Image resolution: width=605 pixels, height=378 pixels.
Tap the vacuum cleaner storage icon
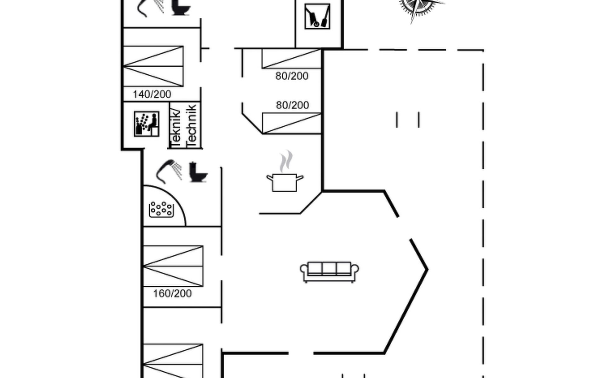pyautogui.click(x=317, y=16)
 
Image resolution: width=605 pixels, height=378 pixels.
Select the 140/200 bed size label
pyautogui.click(x=152, y=94)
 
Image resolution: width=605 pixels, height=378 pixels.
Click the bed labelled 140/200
pyautogui.click(x=153, y=66)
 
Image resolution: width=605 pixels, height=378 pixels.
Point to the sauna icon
pyautogui.click(x=147, y=124)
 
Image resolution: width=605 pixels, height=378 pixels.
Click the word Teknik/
pyautogui.click(x=176, y=128)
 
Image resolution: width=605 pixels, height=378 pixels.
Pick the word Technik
pyautogui.click(x=192, y=125)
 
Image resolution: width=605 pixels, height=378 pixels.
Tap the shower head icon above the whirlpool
pyautogui.click(x=169, y=171)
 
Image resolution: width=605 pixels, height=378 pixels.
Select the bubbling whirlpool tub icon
pyautogui.click(x=161, y=209)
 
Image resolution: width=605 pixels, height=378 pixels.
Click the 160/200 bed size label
pyautogui.click(x=172, y=294)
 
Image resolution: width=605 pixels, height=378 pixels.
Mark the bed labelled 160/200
pyautogui.click(x=173, y=266)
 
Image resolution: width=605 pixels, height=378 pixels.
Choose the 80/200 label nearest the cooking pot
pyautogui.click(x=292, y=105)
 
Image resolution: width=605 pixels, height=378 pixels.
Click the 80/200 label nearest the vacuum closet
pyautogui.click(x=292, y=76)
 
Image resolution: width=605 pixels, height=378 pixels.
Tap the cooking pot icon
pyautogui.click(x=285, y=183)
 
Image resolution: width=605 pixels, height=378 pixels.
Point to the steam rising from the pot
pyautogui.click(x=286, y=161)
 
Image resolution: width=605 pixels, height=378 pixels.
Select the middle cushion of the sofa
pyautogui.click(x=329, y=268)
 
